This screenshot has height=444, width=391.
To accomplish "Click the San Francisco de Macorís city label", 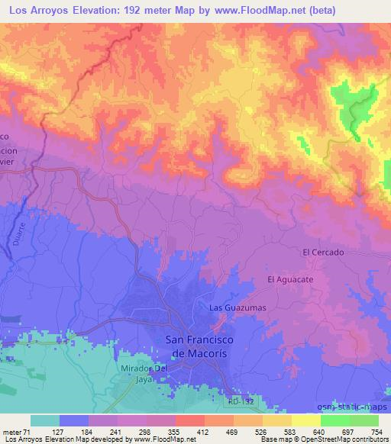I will point(195,346).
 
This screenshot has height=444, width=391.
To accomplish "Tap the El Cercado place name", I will point(323,252).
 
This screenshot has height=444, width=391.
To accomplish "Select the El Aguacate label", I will point(291,280).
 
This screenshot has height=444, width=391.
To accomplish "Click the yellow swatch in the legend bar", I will point(305,420).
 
